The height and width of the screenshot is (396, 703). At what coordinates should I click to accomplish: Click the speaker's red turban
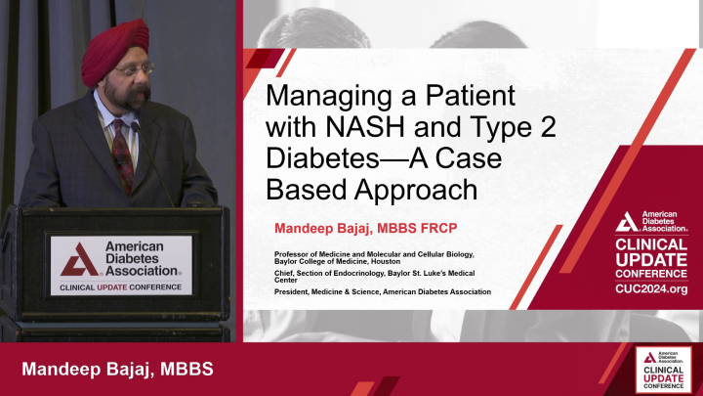pyautogui.click(x=115, y=49)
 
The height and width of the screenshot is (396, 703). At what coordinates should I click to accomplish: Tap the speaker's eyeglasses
pyautogui.click(x=128, y=70)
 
